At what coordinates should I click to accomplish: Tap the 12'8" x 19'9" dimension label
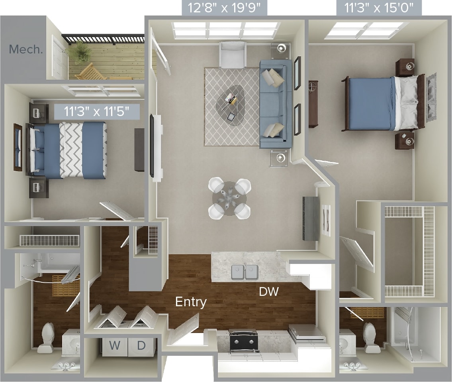click(x=224, y=8)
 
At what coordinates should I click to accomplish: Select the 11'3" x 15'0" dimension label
click(x=379, y=8)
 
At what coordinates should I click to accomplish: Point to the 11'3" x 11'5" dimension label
click(x=97, y=111)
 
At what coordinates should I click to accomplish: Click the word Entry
click(x=191, y=302)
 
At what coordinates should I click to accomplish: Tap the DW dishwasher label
click(x=268, y=292)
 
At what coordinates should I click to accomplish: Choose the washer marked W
click(x=115, y=346)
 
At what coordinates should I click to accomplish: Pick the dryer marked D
click(x=141, y=346)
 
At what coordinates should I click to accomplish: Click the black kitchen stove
click(x=243, y=341)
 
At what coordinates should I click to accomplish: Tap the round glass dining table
click(x=229, y=198)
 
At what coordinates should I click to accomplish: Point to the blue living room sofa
click(x=275, y=104)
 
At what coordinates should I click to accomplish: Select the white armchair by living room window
click(x=233, y=55)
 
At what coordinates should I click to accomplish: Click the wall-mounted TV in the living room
click(x=152, y=146)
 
